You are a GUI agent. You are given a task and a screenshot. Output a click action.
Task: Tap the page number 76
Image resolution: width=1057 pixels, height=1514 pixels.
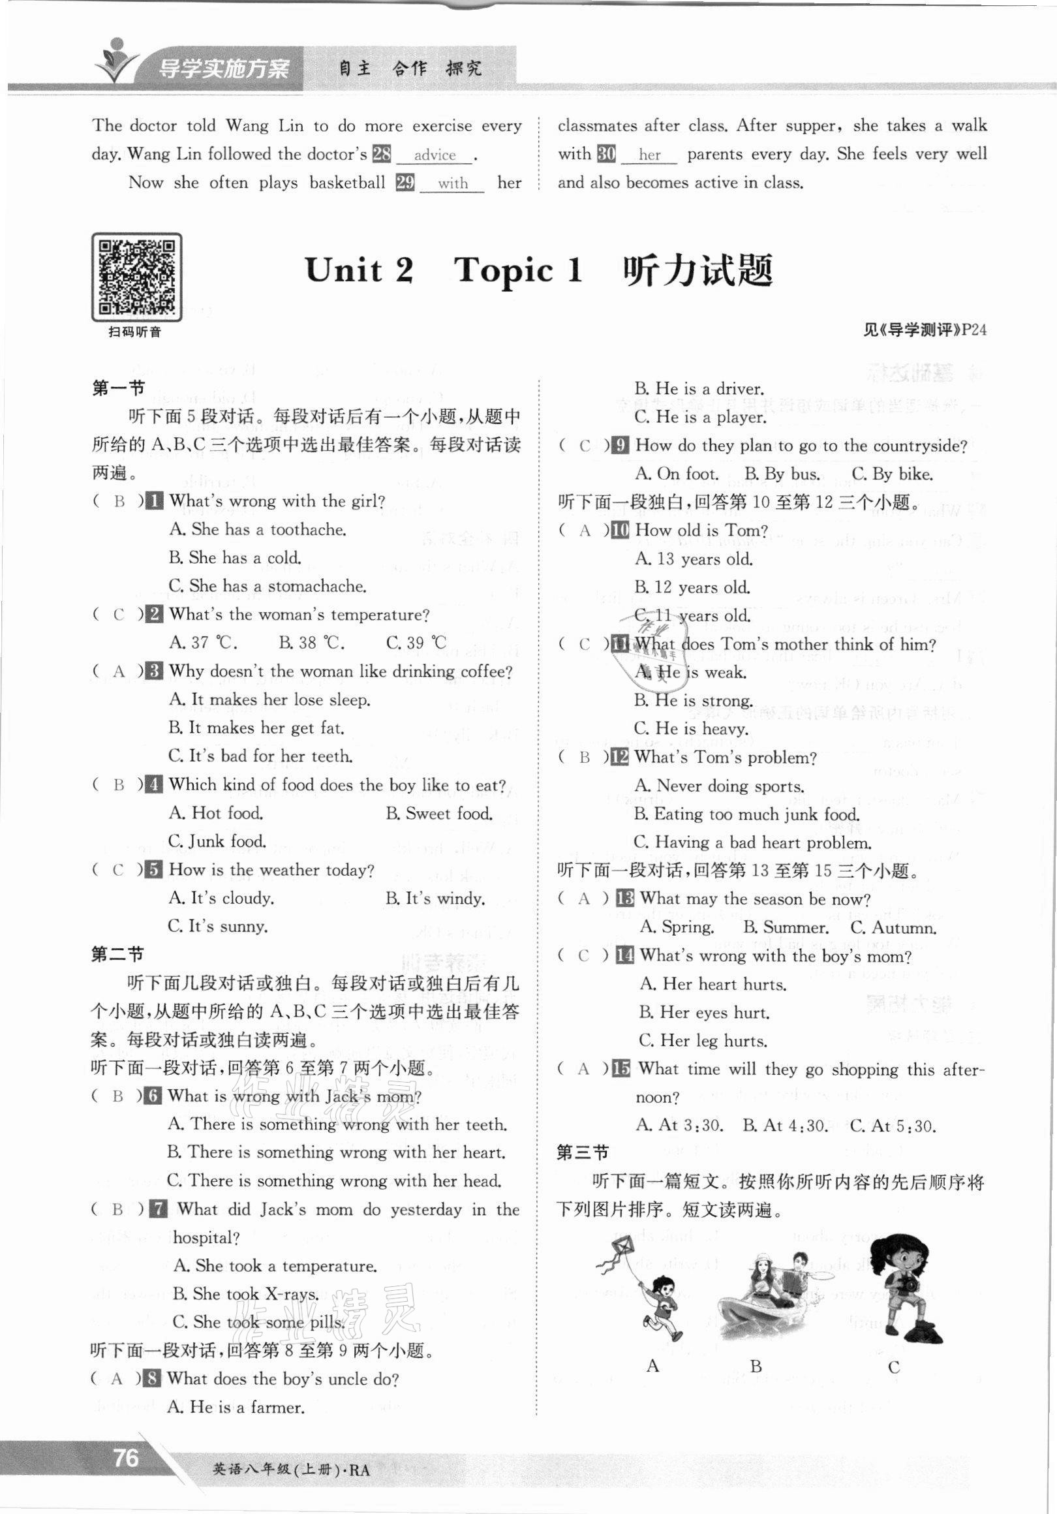[125, 1457]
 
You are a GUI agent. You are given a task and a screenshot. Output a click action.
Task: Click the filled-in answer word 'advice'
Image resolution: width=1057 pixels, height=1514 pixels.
[435, 155]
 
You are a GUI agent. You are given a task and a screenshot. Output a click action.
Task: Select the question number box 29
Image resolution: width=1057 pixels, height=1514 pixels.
[405, 183]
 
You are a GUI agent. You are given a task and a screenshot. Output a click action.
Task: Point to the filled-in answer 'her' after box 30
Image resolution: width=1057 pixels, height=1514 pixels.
[649, 155]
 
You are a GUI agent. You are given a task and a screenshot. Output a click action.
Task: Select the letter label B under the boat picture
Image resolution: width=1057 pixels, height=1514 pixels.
[756, 1367]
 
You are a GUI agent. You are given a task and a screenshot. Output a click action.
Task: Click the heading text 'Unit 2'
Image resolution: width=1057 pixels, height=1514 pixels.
[360, 270]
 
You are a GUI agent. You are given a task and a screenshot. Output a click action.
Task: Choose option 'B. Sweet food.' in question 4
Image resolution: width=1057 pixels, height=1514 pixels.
[439, 814]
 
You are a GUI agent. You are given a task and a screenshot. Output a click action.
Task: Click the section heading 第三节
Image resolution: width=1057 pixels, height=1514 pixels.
[582, 1152]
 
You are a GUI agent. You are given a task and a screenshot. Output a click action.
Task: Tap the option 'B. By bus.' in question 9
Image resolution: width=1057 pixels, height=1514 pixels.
[782, 474]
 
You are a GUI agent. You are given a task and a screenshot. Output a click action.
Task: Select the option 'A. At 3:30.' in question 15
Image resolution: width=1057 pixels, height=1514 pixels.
[679, 1125]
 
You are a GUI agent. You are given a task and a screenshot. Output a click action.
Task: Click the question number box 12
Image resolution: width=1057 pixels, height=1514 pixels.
[619, 758]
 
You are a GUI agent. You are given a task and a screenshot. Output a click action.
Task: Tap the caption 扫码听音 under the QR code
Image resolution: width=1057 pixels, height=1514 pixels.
[135, 332]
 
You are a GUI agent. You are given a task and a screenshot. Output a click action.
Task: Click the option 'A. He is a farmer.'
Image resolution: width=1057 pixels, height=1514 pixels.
[236, 1406]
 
